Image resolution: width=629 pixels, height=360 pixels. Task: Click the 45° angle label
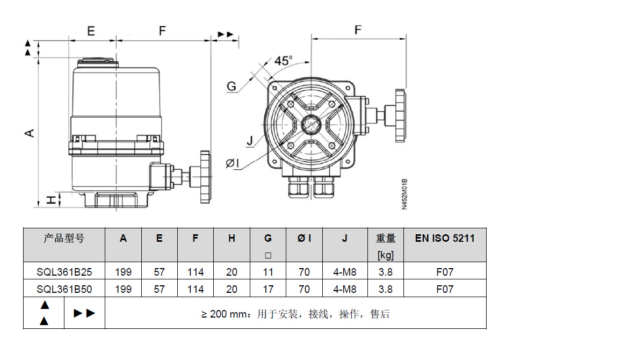pos(283,61)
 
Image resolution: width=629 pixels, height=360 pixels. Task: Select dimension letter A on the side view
pos(31,132)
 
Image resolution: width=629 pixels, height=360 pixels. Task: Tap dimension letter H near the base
pos(50,200)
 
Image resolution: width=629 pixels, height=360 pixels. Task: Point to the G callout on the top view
pos(232,87)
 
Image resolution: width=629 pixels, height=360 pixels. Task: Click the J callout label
pos(249,141)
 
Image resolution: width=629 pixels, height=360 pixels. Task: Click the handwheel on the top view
pos(399,115)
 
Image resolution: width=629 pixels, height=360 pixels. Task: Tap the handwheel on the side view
pos(205,177)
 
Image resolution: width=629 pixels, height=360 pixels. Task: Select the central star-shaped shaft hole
pos(311,125)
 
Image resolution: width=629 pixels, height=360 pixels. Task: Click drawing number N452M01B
pos(405,194)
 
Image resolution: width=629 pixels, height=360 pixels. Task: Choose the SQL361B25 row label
pos(64,272)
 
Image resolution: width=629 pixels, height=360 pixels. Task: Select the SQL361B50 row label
pos(64,289)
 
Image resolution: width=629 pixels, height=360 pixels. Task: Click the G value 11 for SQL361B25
pos(268,272)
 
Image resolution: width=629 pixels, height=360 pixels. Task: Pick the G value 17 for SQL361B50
pos(268,289)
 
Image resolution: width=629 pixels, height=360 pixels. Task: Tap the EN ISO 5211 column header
pos(445,238)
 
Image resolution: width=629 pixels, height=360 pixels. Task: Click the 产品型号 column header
pos(64,238)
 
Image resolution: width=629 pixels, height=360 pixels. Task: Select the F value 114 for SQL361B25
pos(196,272)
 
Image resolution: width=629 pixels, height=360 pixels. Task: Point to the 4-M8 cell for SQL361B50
pos(345,289)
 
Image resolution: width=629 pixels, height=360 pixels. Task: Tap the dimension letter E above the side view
pos(91,31)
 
